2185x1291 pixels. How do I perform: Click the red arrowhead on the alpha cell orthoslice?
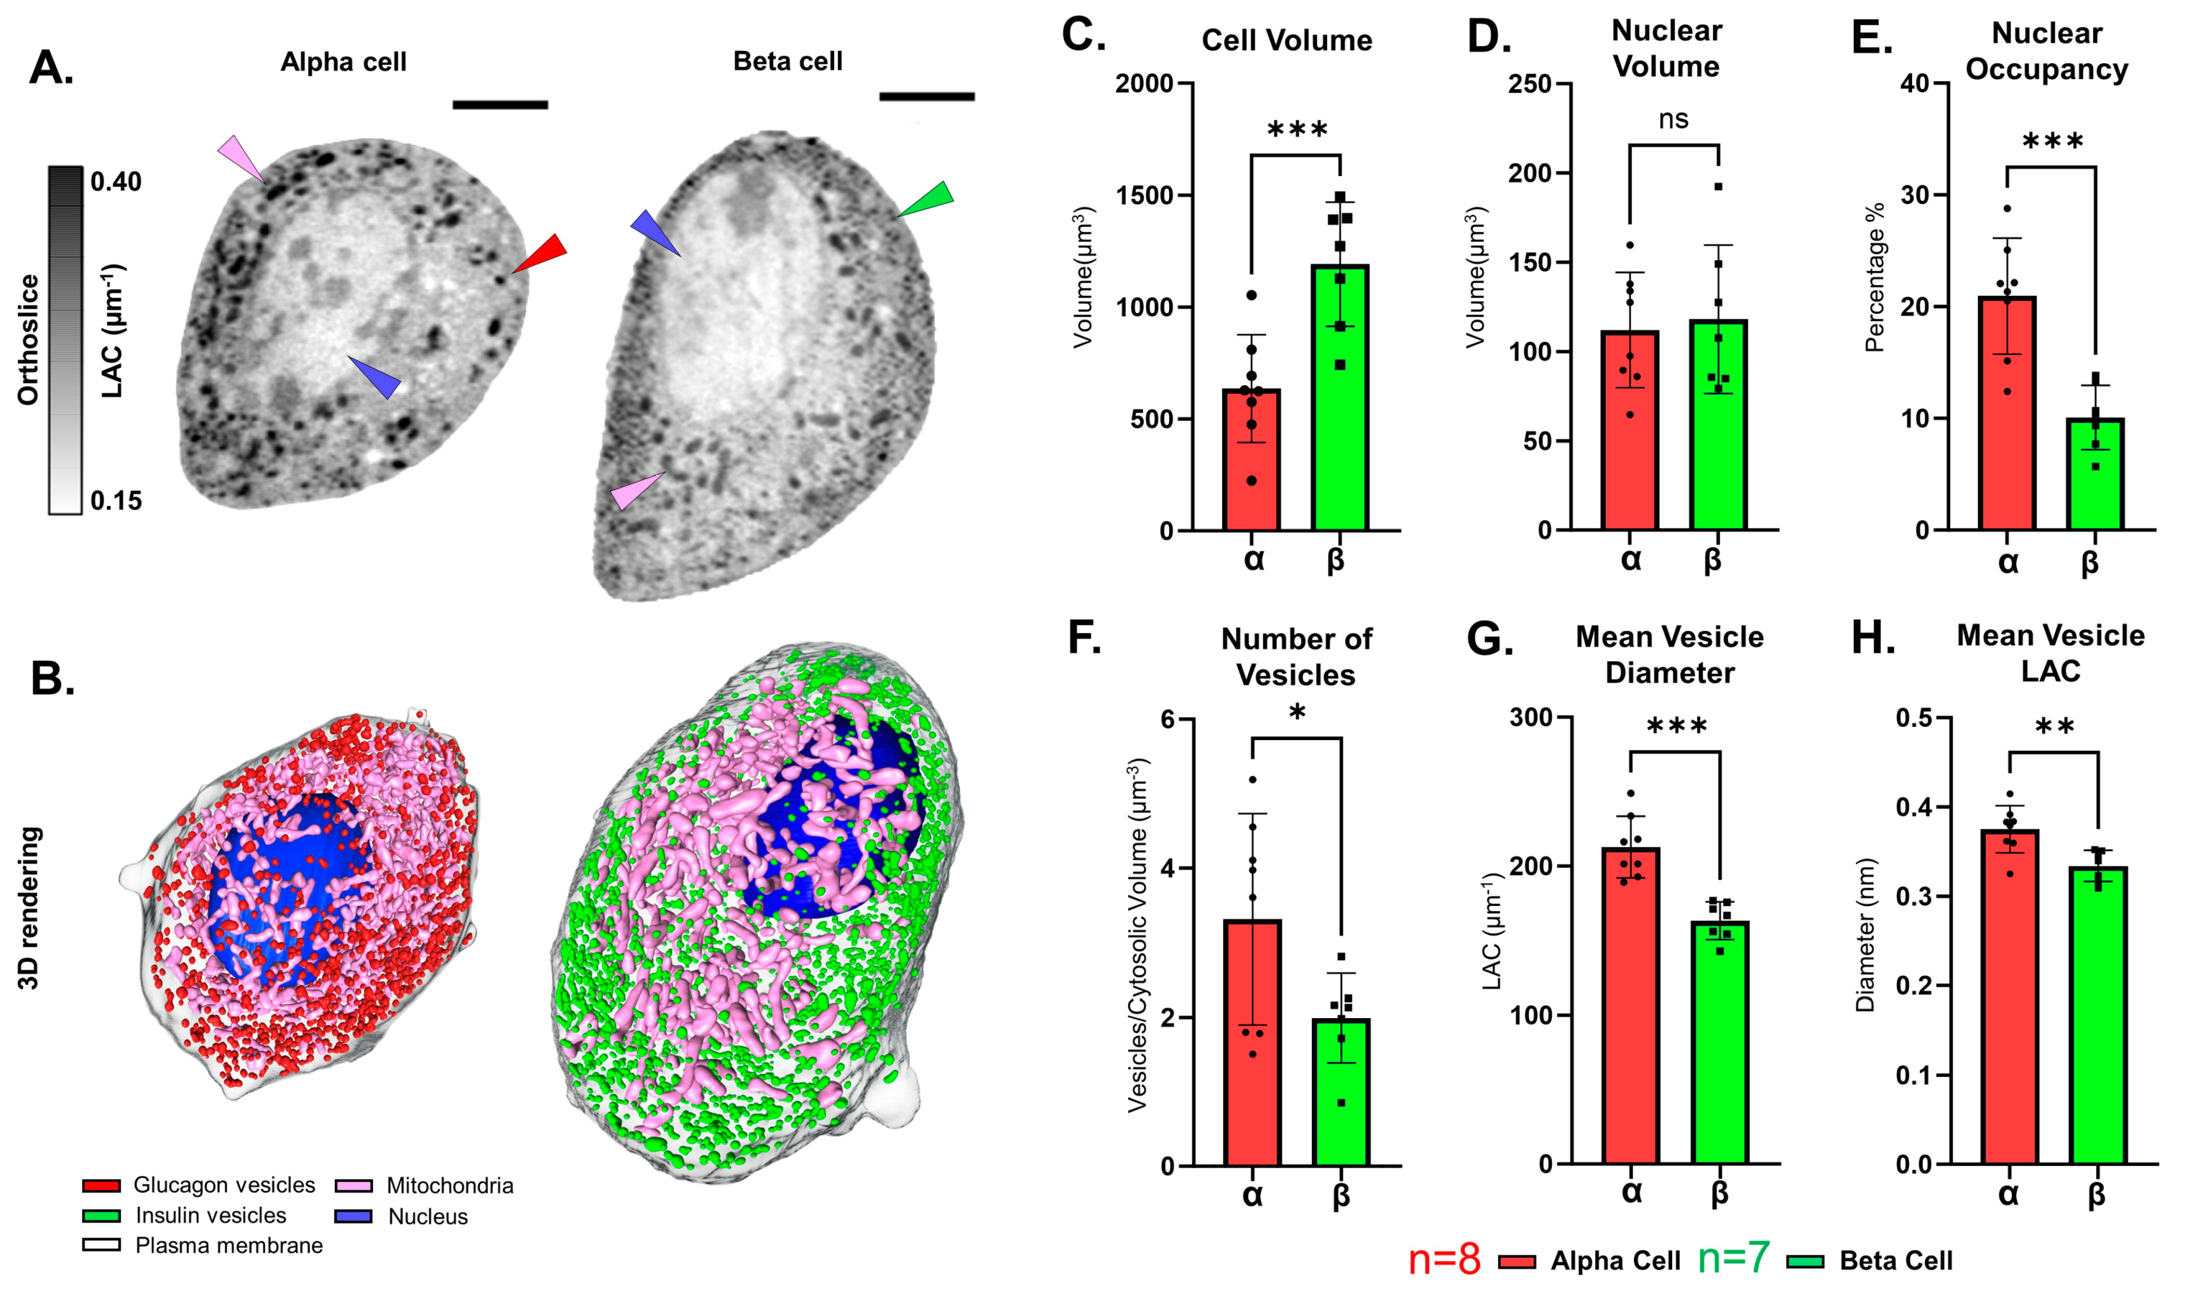pyautogui.click(x=541, y=253)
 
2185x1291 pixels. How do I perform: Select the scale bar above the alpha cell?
pyautogui.click(x=501, y=105)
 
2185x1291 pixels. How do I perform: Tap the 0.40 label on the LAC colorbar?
pyautogui.click(x=115, y=182)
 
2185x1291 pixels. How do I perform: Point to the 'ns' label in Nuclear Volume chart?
pyautogui.click(x=1674, y=119)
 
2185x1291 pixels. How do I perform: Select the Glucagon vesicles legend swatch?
pyautogui.click(x=101, y=1186)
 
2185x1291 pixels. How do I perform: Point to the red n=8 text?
pyautogui.click(x=1444, y=1259)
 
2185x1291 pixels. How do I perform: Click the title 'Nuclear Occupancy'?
pyautogui.click(x=2047, y=50)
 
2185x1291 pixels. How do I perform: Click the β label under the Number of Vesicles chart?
pyautogui.click(x=1341, y=1195)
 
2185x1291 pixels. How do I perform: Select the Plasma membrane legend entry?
pyautogui.click(x=228, y=1246)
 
